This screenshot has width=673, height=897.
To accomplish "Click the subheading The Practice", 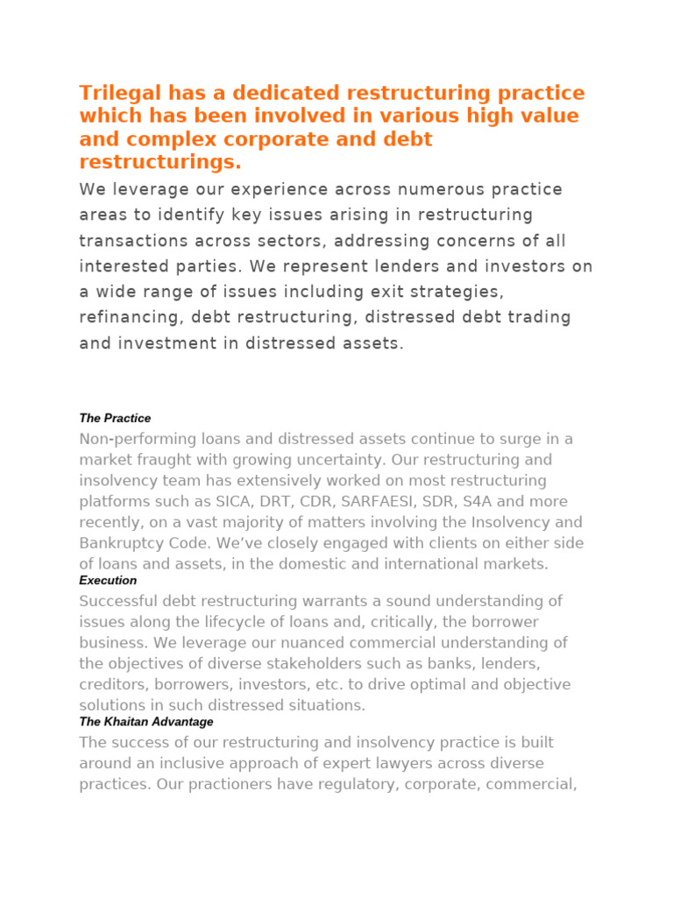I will coord(115,419).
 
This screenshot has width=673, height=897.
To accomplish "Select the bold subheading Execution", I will coord(108,581).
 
